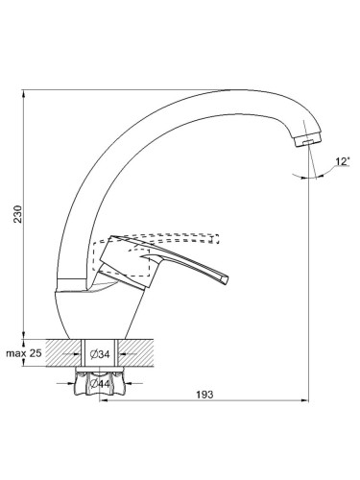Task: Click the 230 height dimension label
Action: (18, 214)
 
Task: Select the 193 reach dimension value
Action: (204, 395)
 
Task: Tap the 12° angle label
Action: (342, 161)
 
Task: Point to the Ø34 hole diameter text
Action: (100, 354)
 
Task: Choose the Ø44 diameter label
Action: (100, 384)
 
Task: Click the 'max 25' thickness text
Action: (24, 353)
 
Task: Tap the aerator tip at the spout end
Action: (308, 141)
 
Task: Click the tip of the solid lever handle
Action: (226, 279)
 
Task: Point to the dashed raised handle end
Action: (216, 239)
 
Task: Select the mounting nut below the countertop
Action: (100, 381)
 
